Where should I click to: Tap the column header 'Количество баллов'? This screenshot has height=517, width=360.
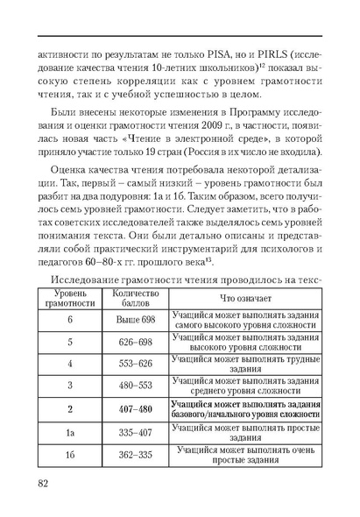[136, 295]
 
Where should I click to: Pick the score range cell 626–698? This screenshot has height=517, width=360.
[136, 341]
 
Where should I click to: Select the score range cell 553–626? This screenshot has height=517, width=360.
[136, 363]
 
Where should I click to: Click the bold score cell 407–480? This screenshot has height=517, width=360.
[136, 408]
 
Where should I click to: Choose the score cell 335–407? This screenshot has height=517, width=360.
[136, 432]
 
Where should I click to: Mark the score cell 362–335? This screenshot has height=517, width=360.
[136, 455]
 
